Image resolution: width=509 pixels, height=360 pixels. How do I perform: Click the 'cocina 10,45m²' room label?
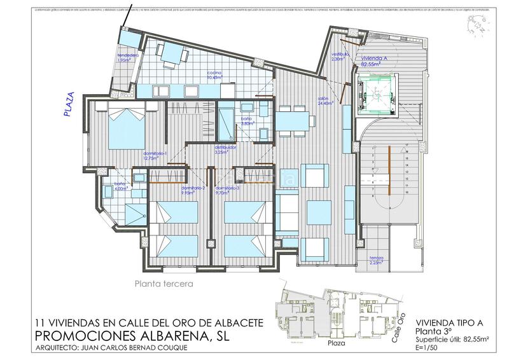214,76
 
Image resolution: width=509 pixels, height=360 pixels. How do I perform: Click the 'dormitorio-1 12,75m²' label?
154,156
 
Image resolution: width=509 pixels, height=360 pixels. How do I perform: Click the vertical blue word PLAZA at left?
71,106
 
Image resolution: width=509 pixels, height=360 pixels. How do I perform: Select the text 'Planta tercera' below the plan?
164,284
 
